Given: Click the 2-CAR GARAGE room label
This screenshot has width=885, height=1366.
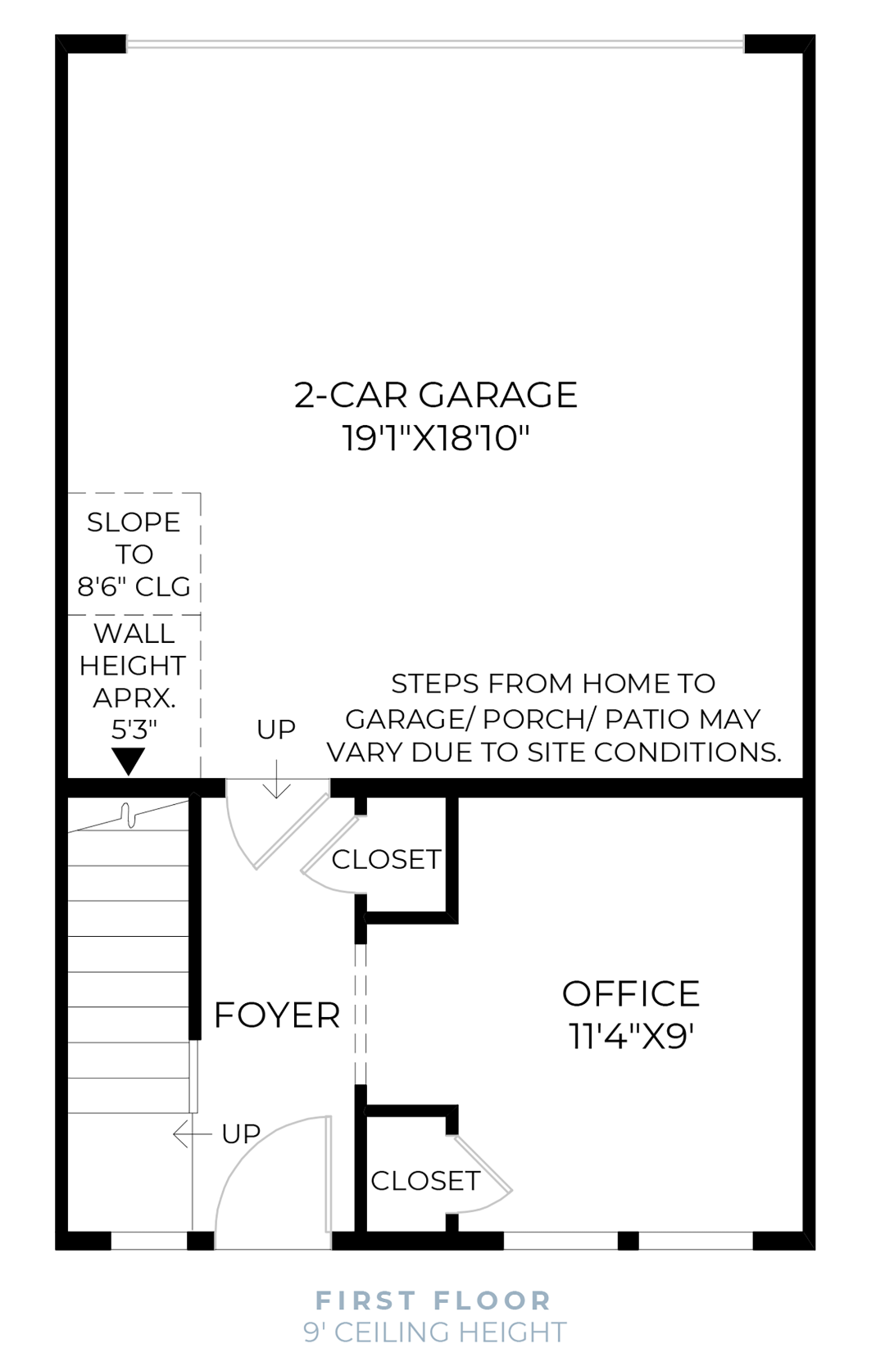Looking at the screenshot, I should click(435, 395).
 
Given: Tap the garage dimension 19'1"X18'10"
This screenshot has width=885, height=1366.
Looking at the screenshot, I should click(435, 437).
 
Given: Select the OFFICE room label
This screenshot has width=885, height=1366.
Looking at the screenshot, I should click(630, 993).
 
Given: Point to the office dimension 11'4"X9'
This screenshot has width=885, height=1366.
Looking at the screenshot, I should click(630, 1036).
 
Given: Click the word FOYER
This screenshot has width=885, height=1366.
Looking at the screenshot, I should click(276, 1015).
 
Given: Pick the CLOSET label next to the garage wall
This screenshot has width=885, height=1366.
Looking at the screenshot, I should click(386, 859).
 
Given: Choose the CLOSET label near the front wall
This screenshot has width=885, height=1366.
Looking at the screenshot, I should click(424, 1180).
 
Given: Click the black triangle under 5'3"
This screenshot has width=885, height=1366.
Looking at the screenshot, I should click(129, 759).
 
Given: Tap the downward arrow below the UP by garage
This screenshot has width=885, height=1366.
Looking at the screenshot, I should click(277, 780).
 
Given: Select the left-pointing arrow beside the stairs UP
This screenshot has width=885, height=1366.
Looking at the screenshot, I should click(190, 1134).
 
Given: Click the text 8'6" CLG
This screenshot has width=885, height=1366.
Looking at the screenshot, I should click(134, 586).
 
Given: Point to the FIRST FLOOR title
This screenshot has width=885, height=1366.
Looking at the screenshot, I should click(433, 1300).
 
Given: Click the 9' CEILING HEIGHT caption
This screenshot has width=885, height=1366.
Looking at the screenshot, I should click(434, 1332).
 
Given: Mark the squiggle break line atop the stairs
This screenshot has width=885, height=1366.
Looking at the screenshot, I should click(128, 815).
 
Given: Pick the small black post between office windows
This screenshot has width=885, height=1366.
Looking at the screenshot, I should click(628, 1240).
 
